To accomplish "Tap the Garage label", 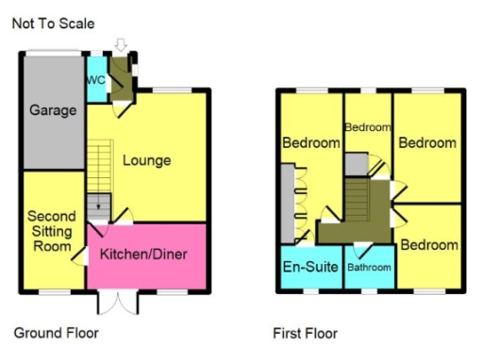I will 52,110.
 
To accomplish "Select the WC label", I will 95,80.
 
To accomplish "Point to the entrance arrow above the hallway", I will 120,45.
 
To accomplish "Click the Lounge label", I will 147,160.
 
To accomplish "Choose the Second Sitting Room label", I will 51,232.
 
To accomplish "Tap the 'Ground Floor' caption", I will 56,333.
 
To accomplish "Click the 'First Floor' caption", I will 305,333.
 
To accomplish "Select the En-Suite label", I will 311,267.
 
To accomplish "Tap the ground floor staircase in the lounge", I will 100,179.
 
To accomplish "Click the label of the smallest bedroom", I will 367,127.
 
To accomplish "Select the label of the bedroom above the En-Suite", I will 310,143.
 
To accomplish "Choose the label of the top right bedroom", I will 427,143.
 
